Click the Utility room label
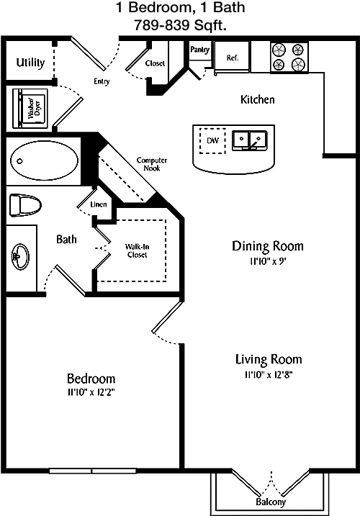(30, 62)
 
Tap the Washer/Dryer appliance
(30, 108)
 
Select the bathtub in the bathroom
(44, 160)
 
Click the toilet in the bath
(24, 205)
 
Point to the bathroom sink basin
(20, 257)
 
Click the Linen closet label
(99, 204)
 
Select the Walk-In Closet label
(137, 250)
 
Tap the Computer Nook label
(152, 164)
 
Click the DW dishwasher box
(213, 141)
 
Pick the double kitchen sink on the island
(250, 140)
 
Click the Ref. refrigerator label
(233, 58)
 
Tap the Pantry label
(199, 50)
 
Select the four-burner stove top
(289, 58)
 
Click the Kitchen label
(257, 99)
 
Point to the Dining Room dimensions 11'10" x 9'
(267, 262)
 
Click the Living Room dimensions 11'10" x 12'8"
(269, 374)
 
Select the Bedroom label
(91, 379)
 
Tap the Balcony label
(271, 502)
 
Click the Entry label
(102, 81)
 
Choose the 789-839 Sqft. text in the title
(180, 25)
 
